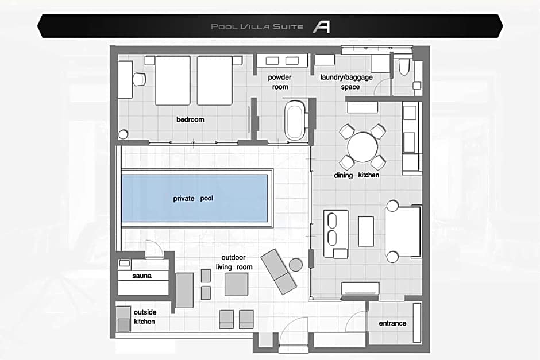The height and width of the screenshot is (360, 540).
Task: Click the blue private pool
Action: [x=195, y=198]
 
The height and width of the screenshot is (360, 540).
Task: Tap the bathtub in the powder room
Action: [x=295, y=120]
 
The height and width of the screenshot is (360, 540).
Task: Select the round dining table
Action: [x=362, y=148]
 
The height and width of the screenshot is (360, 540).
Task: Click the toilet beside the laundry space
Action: [x=404, y=67]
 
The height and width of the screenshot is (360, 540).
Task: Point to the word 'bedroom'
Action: [x=190, y=119]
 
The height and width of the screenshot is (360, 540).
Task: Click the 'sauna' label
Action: [x=142, y=276]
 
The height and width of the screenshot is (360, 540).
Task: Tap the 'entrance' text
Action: [x=392, y=323]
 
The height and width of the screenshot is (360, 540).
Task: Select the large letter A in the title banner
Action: [x=321, y=26]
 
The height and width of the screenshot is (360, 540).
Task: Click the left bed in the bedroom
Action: [x=172, y=80]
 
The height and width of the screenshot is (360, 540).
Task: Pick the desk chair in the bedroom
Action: [x=140, y=79]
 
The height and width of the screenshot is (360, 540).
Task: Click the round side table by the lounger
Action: [x=295, y=265]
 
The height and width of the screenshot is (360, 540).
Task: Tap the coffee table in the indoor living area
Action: [x=366, y=231]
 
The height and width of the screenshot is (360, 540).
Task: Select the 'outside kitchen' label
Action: [x=145, y=316]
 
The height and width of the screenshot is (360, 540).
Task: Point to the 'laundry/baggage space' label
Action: [x=346, y=82]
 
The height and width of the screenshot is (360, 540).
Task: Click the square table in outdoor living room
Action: [x=236, y=284]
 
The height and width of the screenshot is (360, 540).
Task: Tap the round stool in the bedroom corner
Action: [x=123, y=134]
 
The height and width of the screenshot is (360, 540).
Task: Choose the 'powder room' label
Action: [x=280, y=82]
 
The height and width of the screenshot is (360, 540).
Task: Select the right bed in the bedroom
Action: [x=214, y=80]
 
